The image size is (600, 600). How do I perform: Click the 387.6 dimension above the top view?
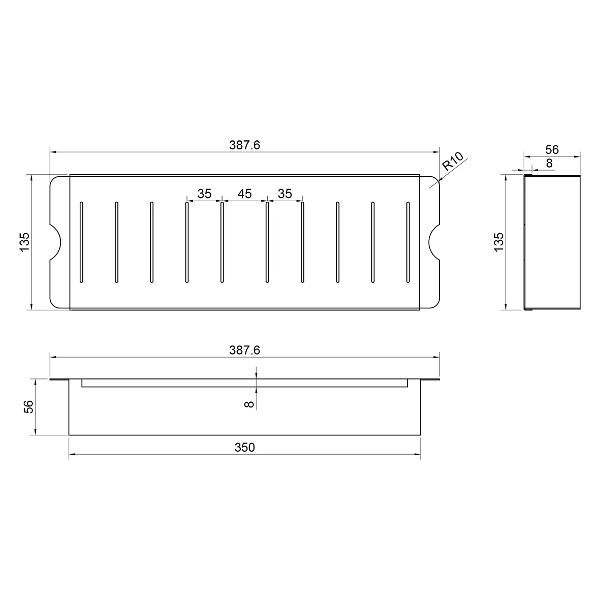click(244, 145)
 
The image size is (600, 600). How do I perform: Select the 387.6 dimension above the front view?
click(244, 351)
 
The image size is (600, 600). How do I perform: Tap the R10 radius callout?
click(453, 161)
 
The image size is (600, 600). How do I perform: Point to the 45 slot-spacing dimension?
click(244, 194)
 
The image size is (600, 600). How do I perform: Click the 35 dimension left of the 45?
click(204, 194)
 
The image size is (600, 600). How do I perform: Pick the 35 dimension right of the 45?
click(285, 194)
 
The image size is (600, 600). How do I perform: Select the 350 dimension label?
click(244, 447)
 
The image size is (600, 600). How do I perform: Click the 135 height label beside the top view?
click(24, 242)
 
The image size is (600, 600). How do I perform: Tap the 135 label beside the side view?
click(498, 242)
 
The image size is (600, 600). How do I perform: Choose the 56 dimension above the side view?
click(552, 149)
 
